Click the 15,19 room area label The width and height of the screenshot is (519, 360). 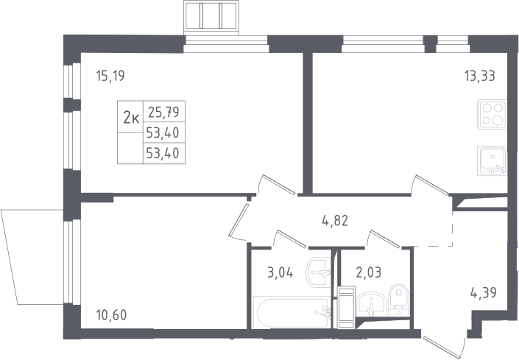click(110, 76)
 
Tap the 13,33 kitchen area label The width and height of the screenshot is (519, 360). click(480, 76)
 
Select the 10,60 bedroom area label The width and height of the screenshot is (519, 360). click(111, 315)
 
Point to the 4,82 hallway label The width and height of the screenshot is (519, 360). click(335, 221)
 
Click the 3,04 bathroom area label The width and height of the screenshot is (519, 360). click(280, 273)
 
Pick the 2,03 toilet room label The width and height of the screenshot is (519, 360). click(368, 272)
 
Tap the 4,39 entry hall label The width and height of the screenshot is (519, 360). click(483, 293)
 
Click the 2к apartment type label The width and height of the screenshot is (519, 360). click(131, 117)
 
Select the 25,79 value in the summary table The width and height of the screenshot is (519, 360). click(164, 112)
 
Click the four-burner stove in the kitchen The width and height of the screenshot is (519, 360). click(492, 115)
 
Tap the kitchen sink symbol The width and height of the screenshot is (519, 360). click(492, 160)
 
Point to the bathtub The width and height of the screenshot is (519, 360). click(292, 312)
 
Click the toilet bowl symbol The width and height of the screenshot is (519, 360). click(399, 300)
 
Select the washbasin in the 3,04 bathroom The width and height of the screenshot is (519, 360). click(319, 272)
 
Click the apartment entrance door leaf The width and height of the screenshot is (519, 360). click(445, 347)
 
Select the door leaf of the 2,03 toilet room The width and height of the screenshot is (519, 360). click(383, 239)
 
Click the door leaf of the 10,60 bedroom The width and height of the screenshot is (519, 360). click(239, 220)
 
